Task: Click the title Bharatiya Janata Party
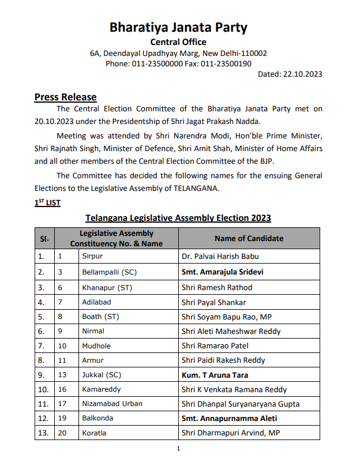(x=178, y=27)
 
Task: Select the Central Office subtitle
(x=178, y=42)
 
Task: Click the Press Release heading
(x=65, y=97)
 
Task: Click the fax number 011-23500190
(x=226, y=63)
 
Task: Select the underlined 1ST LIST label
(x=47, y=203)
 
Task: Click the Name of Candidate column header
(x=249, y=238)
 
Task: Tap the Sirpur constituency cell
(x=93, y=256)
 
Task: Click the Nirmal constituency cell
(x=93, y=331)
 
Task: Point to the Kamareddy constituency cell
(x=101, y=389)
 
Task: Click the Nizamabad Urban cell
(x=112, y=404)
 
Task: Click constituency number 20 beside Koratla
(x=62, y=433)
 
